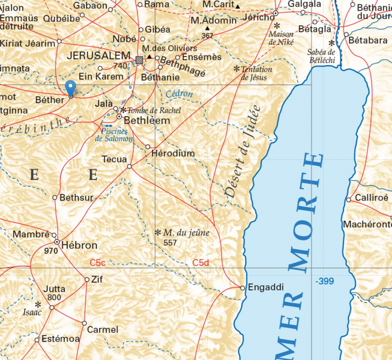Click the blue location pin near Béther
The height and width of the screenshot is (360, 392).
coord(70,88)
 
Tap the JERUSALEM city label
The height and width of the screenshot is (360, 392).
coord(100,55)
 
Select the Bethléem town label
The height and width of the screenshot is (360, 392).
coord(146,120)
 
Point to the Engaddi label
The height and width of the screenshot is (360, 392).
coord(265,288)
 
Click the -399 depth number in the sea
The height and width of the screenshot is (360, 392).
coord(324,281)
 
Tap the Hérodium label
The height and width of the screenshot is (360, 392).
coord(173,154)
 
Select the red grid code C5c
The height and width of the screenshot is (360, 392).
coord(98,263)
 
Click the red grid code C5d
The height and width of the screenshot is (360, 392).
coord(201,263)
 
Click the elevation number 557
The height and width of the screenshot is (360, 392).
coord(170,243)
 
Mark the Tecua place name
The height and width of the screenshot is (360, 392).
coord(114,159)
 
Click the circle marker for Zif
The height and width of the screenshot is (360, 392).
coord(86,279)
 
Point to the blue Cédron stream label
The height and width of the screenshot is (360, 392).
coord(179,94)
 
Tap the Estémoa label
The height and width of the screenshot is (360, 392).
coord(61,339)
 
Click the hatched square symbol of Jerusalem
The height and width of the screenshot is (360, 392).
coord(139,59)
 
